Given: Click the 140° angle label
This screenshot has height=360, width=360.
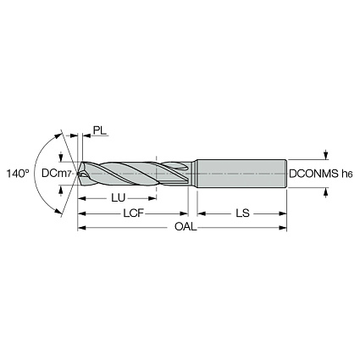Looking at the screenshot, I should tap(16, 173).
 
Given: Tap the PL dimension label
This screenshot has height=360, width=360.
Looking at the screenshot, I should tap(99, 132).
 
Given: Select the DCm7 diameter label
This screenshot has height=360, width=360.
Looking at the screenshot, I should tap(58, 174).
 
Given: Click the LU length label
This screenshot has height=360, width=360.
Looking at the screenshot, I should tap(120, 197).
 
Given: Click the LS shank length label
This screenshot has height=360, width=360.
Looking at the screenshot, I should tap(241, 213).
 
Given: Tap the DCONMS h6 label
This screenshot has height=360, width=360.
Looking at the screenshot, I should tap(321, 174).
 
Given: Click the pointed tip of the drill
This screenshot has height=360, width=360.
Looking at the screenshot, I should tap(78, 173).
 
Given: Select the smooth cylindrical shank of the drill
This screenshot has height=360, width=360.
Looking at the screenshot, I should tap(241, 173).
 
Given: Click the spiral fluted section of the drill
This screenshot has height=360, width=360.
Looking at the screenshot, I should tap(136, 173).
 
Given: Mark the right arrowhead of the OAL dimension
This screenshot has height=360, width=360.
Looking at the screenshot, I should tap(284, 228).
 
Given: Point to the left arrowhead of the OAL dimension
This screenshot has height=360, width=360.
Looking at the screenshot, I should tap(82, 228).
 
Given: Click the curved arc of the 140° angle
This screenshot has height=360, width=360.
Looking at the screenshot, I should tap(38, 173).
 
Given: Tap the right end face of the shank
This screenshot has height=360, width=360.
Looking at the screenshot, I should tap(285, 173).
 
